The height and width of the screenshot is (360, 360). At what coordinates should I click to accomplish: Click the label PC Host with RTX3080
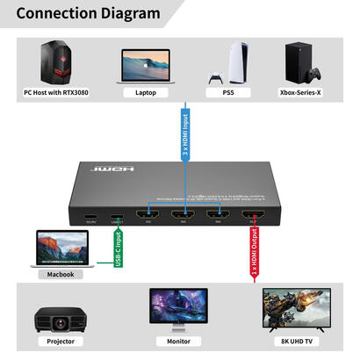click(57, 92)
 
